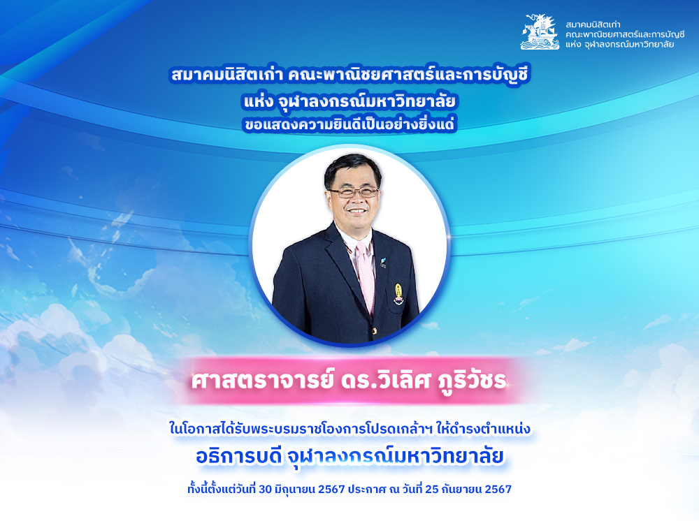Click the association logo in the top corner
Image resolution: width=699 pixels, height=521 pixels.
[540, 31]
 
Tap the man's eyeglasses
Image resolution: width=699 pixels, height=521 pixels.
[354, 192]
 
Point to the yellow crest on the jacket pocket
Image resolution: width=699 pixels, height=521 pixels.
[398, 294]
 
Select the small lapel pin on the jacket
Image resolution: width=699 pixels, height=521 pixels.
[383, 262]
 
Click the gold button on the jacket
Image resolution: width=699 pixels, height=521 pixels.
[375, 331]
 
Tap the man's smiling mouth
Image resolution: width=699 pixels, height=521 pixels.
[356, 210]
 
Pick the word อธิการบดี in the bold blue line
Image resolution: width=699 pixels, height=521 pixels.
[239, 457]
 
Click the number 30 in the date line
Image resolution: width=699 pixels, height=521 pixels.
[265, 490]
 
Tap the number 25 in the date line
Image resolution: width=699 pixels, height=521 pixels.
[431, 490]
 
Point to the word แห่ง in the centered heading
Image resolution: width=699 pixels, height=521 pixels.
[258, 102]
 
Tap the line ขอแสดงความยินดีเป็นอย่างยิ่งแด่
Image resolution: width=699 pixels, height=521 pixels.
[349, 124]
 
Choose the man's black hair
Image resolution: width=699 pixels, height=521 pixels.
[352, 168]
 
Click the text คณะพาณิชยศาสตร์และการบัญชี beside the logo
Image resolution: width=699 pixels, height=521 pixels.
[625, 34]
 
